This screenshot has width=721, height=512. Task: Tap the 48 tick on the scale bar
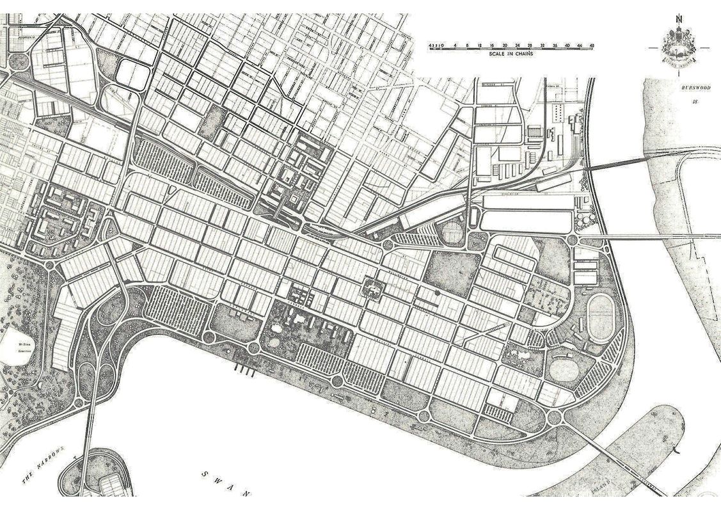tap(593, 45)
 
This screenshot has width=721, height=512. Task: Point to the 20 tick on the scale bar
tap(505, 45)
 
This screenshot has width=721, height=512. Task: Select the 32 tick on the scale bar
tap(543, 45)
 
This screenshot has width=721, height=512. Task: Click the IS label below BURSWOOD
tap(695, 101)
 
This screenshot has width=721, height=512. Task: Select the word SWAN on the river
tap(225, 483)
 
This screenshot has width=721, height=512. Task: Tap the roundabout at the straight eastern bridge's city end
tap(573, 239)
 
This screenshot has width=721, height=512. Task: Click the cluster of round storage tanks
tap(583, 220)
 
